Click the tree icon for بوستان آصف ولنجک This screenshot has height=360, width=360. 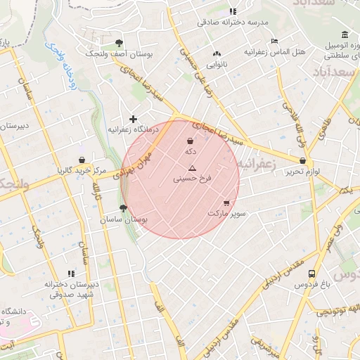[118, 43]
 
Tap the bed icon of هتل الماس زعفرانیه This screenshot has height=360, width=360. [274, 41]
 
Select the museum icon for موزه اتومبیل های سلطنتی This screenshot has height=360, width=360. [345, 35]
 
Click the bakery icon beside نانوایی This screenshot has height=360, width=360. [217, 53]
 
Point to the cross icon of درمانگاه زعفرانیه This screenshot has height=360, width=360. [133, 119]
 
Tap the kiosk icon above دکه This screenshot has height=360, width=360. [190, 141]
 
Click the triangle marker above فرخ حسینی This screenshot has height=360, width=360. [192, 168]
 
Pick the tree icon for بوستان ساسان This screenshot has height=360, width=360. [124, 208]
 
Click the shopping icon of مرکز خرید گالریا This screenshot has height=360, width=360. [83, 160]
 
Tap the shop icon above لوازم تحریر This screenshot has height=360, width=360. [303, 160]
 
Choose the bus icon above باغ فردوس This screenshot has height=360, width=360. [311, 275]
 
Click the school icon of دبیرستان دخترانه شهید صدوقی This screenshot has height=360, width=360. [70, 273]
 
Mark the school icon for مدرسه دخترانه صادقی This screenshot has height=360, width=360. [233, 11]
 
